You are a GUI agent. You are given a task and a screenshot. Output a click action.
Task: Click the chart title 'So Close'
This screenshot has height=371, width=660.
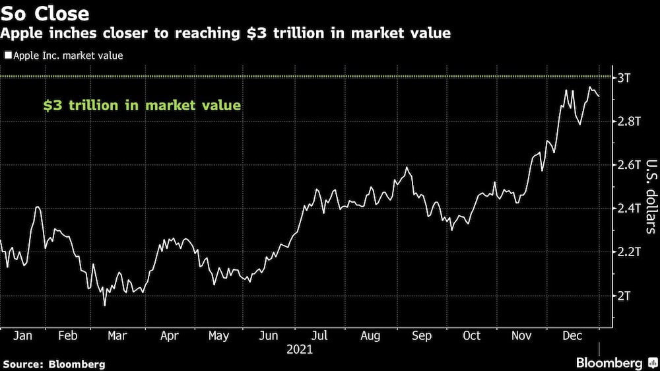[45, 13]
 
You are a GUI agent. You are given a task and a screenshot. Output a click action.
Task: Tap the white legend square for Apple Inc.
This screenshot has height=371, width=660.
[7, 56]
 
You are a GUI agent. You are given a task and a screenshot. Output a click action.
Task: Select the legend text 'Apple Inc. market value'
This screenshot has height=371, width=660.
[67, 56]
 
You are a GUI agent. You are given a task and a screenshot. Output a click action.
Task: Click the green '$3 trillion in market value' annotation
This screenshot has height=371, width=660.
[142, 105]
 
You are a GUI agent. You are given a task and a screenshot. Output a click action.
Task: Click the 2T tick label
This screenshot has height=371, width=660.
[624, 296]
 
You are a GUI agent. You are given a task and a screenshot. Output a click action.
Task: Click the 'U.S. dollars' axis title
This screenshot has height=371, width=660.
[650, 197]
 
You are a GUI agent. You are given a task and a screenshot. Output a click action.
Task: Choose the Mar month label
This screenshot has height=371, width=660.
[117, 336]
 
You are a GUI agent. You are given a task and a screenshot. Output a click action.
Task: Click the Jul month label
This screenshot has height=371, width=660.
[319, 336]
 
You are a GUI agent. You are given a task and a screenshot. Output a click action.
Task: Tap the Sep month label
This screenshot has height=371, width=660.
[421, 336]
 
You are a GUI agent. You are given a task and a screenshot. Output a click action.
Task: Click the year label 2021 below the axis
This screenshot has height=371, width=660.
[300, 349]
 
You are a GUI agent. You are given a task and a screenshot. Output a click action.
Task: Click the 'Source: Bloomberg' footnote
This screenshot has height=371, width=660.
[54, 364]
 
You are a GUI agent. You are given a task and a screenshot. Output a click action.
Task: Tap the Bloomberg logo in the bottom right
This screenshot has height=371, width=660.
[616, 363]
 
